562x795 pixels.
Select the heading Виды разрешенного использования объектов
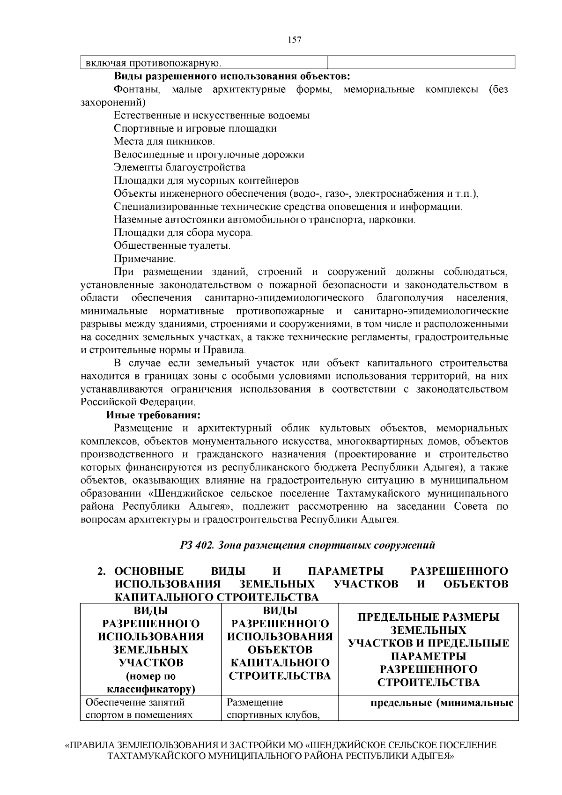coord(232,76)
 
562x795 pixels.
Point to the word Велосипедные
coord(147,155)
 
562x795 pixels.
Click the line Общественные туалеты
coord(172,245)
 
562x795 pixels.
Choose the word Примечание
coord(145,259)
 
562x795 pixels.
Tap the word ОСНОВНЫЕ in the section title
coord(149,571)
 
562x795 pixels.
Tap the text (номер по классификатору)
coord(150,682)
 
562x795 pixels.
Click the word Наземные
coord(135,220)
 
